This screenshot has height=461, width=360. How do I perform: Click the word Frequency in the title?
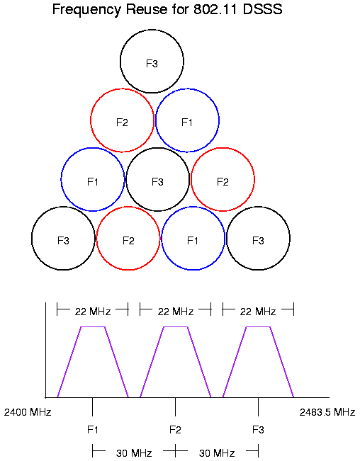coord(86,10)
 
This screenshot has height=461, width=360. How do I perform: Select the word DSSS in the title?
coord(263,9)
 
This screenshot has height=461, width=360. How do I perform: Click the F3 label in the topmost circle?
coord(152,64)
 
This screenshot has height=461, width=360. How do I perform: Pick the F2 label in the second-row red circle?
coord(122,123)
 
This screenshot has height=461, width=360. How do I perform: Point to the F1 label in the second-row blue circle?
coord(187,123)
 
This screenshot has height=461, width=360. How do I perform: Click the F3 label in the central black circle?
coord(157,182)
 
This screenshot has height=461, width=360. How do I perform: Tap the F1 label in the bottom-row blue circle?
coord(193,241)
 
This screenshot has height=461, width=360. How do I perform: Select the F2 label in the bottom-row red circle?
coord(128,241)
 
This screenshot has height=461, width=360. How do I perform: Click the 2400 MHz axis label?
coord(28,412)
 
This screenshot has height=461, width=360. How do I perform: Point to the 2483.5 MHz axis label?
coord(327,412)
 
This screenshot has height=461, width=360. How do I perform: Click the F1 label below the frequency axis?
coord(92,430)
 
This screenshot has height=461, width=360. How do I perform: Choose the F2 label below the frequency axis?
coord(175,430)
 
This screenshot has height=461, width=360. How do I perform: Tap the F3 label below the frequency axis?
coord(258,430)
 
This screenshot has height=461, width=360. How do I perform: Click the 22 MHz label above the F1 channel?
coord(93,312)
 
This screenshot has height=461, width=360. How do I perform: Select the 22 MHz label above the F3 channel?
coord(258,312)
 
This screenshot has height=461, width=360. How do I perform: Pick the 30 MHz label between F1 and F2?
coord(134,453)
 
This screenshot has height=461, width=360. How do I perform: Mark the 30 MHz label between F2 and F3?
coord(217,453)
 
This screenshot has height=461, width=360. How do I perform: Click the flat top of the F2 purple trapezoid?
coord(175,326)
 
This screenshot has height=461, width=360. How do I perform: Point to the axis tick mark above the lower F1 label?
coord(92,406)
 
